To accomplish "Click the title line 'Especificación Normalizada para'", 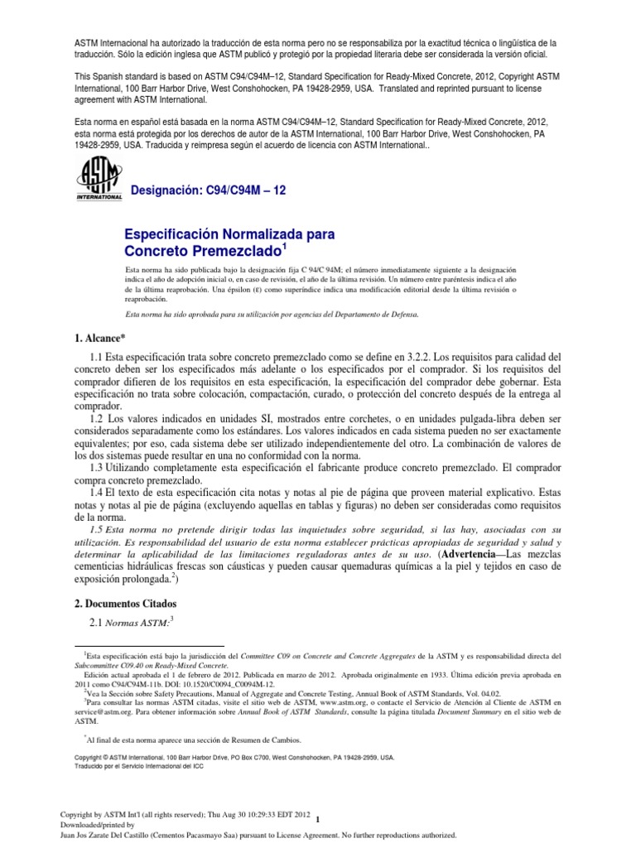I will click(229, 235).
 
